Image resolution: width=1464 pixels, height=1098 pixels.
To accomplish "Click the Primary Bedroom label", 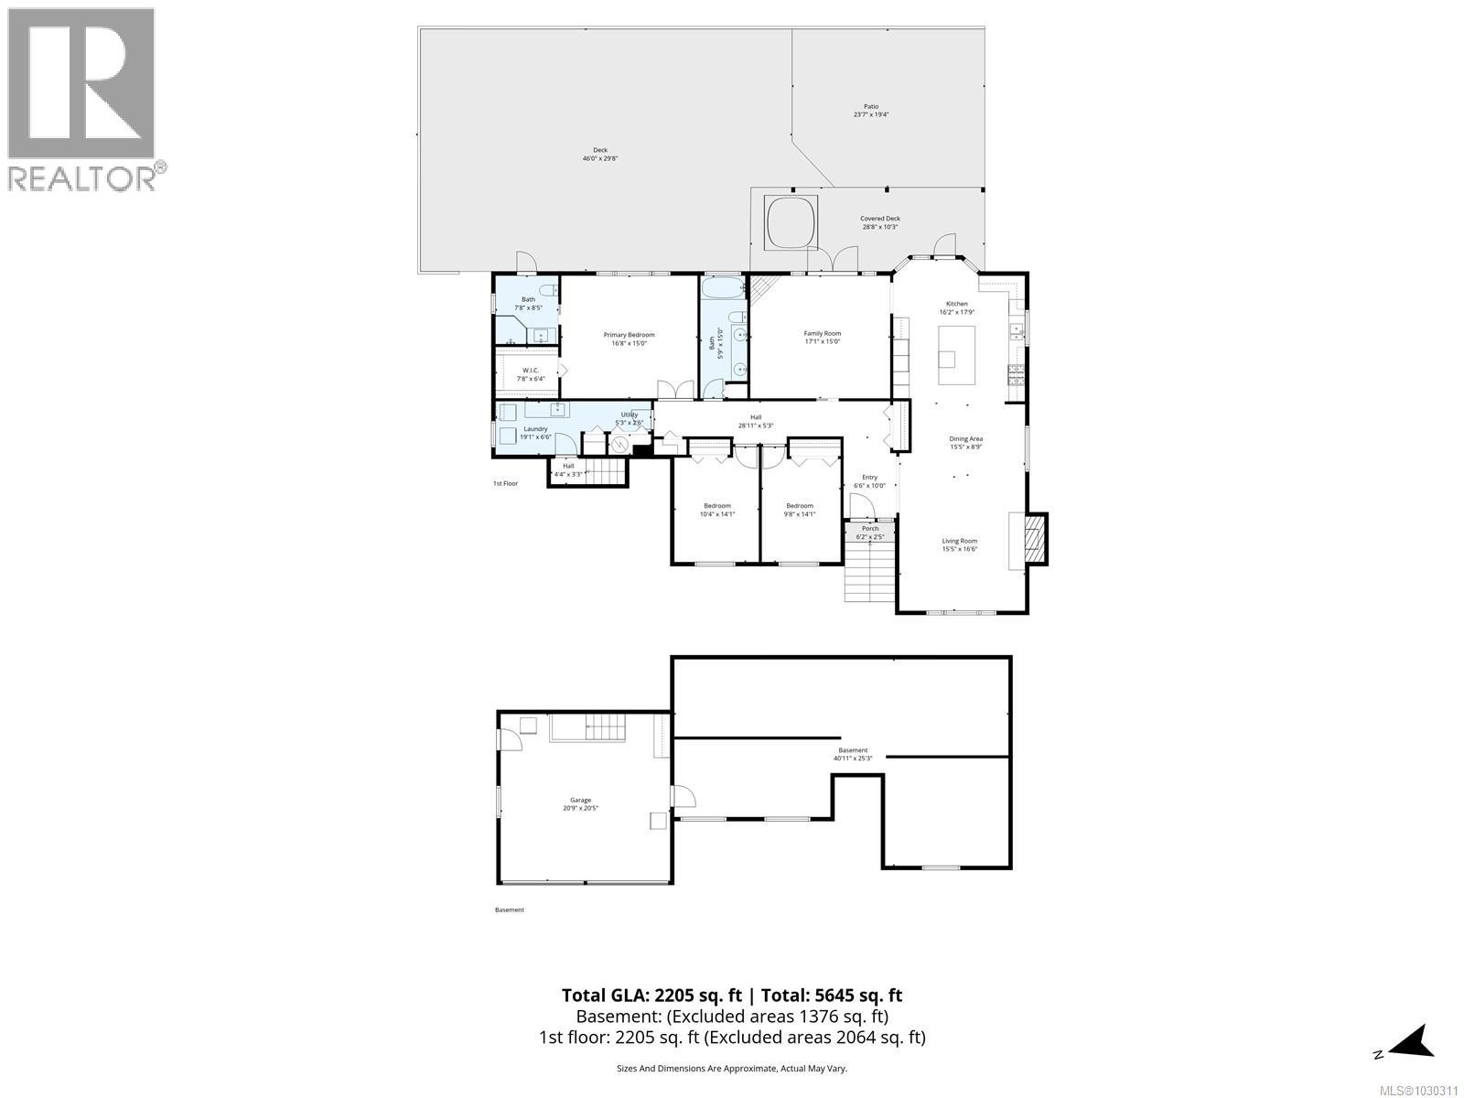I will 629,335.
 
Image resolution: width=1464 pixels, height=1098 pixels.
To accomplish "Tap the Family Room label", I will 822,334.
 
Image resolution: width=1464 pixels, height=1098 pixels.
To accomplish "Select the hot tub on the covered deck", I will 791,221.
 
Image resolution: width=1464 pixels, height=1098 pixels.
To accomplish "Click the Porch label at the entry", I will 870,528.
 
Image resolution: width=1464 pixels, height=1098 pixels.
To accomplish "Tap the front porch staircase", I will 868,570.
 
